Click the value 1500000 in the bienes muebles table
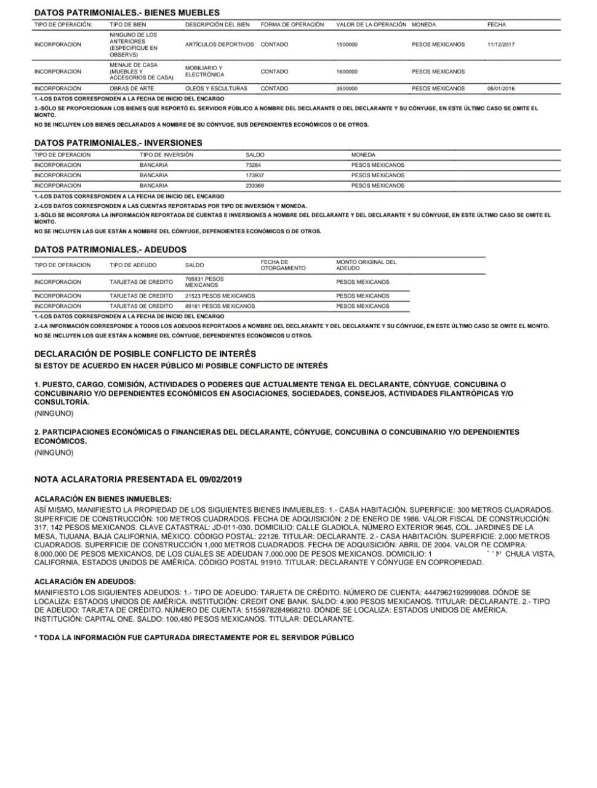347,45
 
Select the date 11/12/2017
500,45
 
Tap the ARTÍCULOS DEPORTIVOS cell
219,45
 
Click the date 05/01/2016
500,89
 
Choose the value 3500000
347,89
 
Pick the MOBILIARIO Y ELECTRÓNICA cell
204,71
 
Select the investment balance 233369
255,185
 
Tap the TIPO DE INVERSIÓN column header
166,155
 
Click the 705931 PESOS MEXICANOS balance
204,282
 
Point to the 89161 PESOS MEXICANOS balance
220,306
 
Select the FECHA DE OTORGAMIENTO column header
282,265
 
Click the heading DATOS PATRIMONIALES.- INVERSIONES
118,143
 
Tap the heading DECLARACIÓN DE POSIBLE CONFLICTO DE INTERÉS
145,354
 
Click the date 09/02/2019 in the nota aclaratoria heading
220,479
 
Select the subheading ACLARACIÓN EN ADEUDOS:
85,582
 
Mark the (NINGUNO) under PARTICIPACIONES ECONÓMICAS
54,452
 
